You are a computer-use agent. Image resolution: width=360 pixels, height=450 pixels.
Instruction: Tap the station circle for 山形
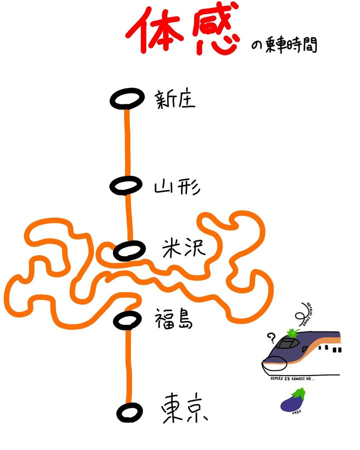(x=125, y=185)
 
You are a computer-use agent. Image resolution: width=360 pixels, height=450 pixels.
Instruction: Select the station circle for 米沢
(x=128, y=250)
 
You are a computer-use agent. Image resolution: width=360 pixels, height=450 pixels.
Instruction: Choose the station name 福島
(x=173, y=318)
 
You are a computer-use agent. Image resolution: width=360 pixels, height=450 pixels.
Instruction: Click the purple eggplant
(x=291, y=401)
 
